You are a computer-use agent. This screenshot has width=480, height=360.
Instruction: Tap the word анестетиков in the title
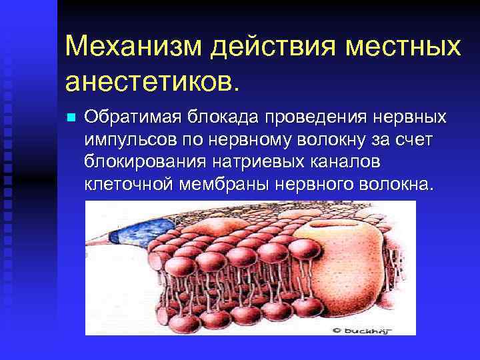150,82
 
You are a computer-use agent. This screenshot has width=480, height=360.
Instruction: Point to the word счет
415,140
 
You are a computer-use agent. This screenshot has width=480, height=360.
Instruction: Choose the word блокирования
137,162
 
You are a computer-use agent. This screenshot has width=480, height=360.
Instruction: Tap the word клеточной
127,184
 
